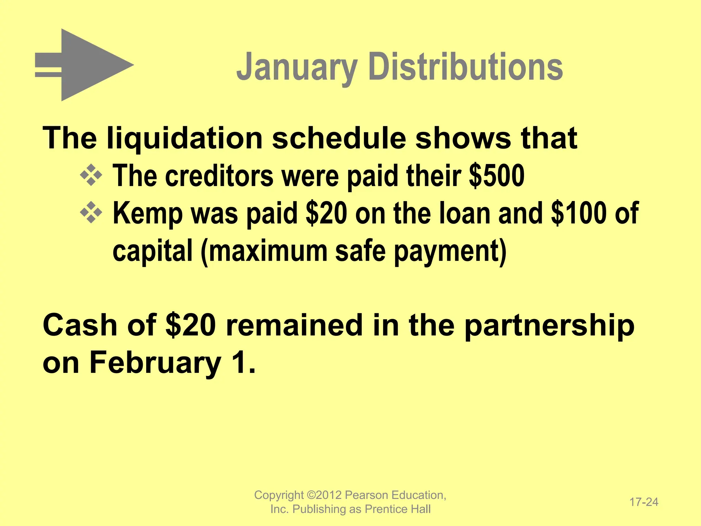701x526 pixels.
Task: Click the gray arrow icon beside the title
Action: [x=84, y=65]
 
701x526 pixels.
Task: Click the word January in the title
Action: [x=297, y=67]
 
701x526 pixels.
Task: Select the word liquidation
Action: [x=185, y=138]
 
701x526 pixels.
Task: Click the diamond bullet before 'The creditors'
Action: [x=91, y=175]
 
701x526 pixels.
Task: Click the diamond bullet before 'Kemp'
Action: [x=91, y=213]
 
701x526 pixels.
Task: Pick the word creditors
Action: [x=219, y=176]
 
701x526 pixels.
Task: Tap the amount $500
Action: [x=497, y=176]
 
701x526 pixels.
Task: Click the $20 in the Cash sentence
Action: [x=190, y=325]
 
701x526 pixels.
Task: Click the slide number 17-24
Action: [x=644, y=502]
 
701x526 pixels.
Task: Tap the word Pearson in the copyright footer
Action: [x=367, y=495]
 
